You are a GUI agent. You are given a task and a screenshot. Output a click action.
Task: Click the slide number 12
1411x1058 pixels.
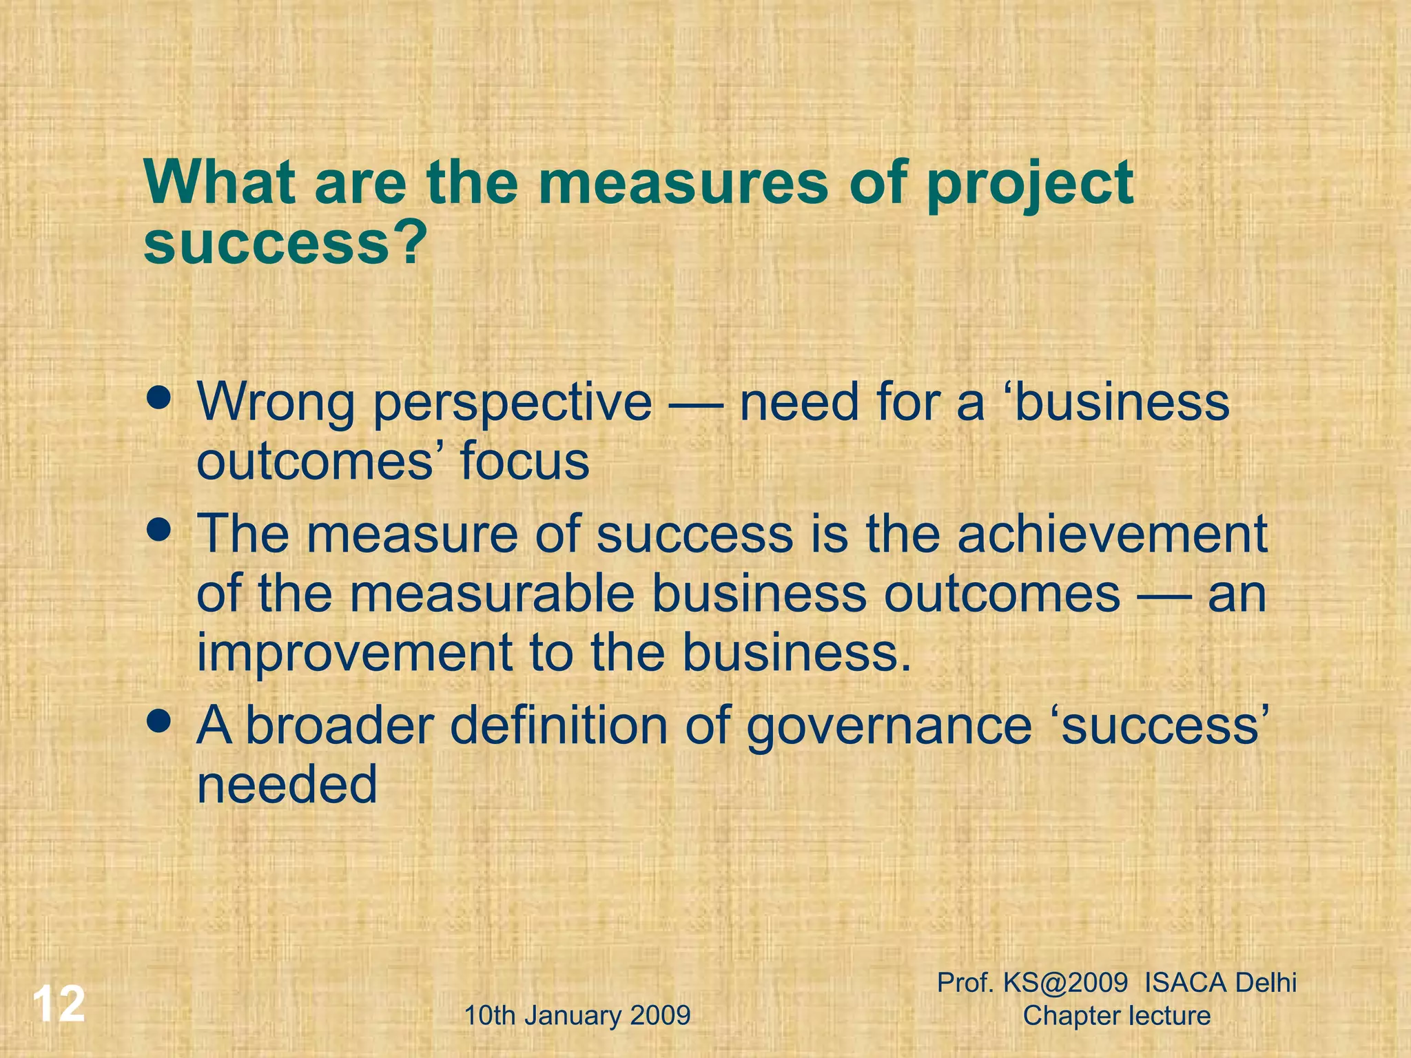(x=59, y=1004)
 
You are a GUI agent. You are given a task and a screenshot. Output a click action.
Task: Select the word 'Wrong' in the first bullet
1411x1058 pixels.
(x=276, y=404)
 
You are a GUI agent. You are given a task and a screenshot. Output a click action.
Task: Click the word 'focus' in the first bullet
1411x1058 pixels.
(x=525, y=461)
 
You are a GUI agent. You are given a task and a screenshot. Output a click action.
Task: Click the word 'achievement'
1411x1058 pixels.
(x=1112, y=535)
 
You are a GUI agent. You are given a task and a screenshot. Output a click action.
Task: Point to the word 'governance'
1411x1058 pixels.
(x=889, y=727)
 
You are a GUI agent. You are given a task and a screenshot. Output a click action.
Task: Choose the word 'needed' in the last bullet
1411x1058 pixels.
(x=287, y=785)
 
